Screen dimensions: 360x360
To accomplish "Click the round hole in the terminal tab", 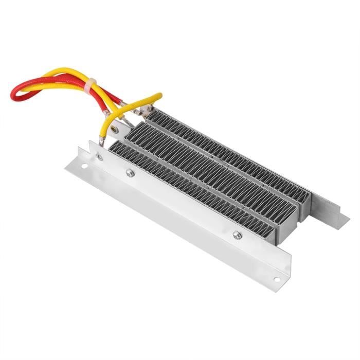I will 114,130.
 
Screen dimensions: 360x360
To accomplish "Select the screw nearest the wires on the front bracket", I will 131,174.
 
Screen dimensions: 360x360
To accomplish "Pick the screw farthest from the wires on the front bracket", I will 237,235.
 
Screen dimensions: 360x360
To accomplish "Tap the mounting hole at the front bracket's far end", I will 277,279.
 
